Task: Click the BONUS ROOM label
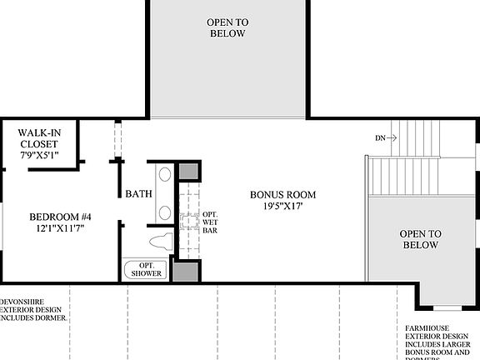283,195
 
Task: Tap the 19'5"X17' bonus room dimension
283,207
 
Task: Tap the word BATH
137,194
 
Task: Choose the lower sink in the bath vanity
164,212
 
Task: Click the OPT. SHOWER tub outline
147,270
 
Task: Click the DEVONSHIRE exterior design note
33,309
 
